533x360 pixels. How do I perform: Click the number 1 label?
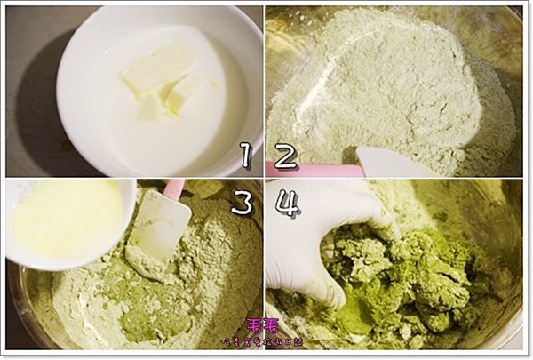pos(246,156)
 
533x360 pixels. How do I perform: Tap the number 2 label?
pos(286,156)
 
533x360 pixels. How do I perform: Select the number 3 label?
pos(242,202)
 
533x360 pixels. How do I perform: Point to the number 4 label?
pos(286,202)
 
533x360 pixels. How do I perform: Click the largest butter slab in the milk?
pos(157,67)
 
